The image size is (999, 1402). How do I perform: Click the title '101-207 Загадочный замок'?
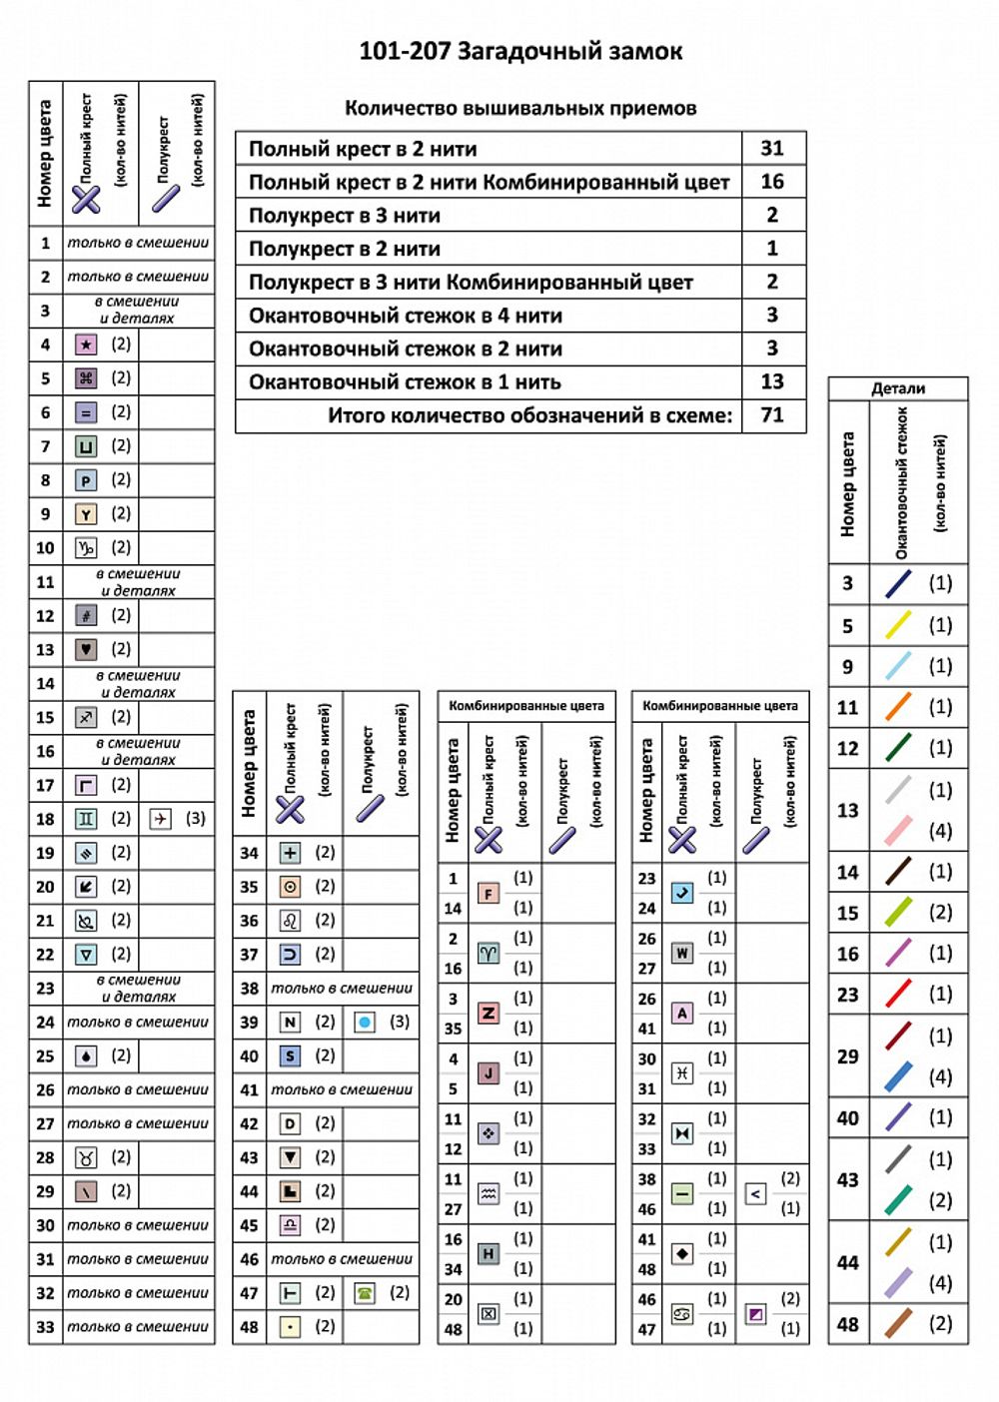[520, 51]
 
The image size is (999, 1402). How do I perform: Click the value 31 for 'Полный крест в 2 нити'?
[772, 148]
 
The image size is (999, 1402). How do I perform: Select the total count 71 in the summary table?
[772, 414]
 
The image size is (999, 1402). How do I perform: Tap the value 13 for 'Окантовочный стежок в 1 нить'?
[772, 381]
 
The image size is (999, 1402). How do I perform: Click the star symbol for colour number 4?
[87, 346]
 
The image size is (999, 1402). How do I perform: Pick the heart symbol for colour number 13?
[87, 650]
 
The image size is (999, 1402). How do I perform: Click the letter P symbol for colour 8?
[87, 480]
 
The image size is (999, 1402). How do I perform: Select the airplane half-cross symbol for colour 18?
[160, 819]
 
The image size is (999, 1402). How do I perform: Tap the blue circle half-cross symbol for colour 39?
[365, 1023]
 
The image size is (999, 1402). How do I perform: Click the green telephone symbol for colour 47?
[365, 1293]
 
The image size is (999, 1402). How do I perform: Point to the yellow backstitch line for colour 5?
[898, 625]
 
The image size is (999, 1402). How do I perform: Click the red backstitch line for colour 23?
[898, 994]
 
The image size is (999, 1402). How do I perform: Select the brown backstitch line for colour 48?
[898, 1323]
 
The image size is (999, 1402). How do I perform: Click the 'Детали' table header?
[897, 388]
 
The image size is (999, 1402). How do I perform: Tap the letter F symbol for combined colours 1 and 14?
[489, 893]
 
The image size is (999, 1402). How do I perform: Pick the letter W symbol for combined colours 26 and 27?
[682, 953]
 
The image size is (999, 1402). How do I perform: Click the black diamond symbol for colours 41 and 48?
[682, 1253]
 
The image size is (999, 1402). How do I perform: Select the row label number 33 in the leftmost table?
[45, 1327]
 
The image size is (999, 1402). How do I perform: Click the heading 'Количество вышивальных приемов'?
[520, 108]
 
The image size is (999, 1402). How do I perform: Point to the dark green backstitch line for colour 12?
[898, 748]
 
